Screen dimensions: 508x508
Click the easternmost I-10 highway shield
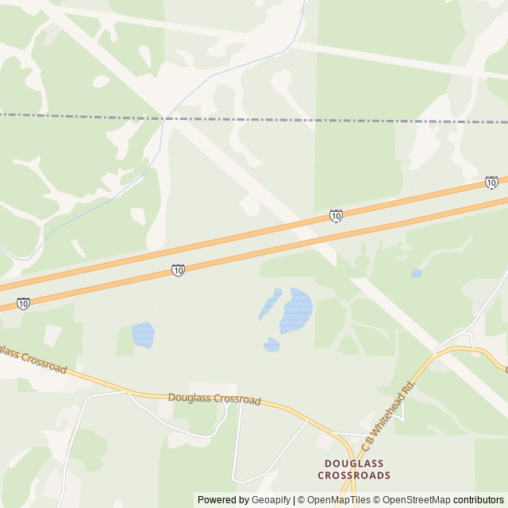point(491,183)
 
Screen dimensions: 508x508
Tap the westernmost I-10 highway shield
point(23,303)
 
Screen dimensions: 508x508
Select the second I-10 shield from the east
point(336,215)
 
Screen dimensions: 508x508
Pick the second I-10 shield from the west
point(177,271)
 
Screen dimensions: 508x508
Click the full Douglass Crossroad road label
point(214,398)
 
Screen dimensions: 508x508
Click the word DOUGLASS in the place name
point(354,464)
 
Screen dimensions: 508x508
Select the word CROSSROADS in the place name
point(354,475)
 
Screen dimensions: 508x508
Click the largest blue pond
point(296,310)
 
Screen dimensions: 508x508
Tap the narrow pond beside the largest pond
point(270,304)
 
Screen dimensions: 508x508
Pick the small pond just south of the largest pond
point(271,344)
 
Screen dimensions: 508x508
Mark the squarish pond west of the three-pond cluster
point(142,334)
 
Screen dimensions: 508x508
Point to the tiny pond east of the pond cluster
point(416,274)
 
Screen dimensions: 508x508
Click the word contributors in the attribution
point(478,500)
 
